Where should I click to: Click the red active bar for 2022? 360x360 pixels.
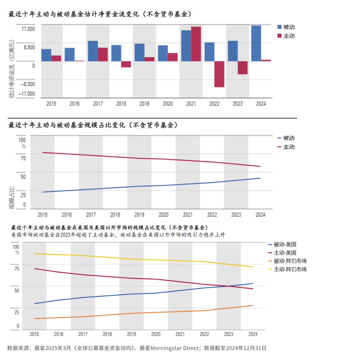219,74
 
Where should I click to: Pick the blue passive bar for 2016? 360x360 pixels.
69,54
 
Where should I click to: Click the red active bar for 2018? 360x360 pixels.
126,64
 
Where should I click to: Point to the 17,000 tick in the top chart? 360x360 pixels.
28,29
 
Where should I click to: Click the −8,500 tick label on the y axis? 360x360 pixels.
27,84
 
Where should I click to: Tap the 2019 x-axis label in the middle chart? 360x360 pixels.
139,215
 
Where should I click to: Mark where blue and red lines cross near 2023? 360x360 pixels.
228,286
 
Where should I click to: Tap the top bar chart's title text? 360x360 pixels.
100,14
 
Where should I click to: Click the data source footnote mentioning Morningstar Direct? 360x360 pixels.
137,348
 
